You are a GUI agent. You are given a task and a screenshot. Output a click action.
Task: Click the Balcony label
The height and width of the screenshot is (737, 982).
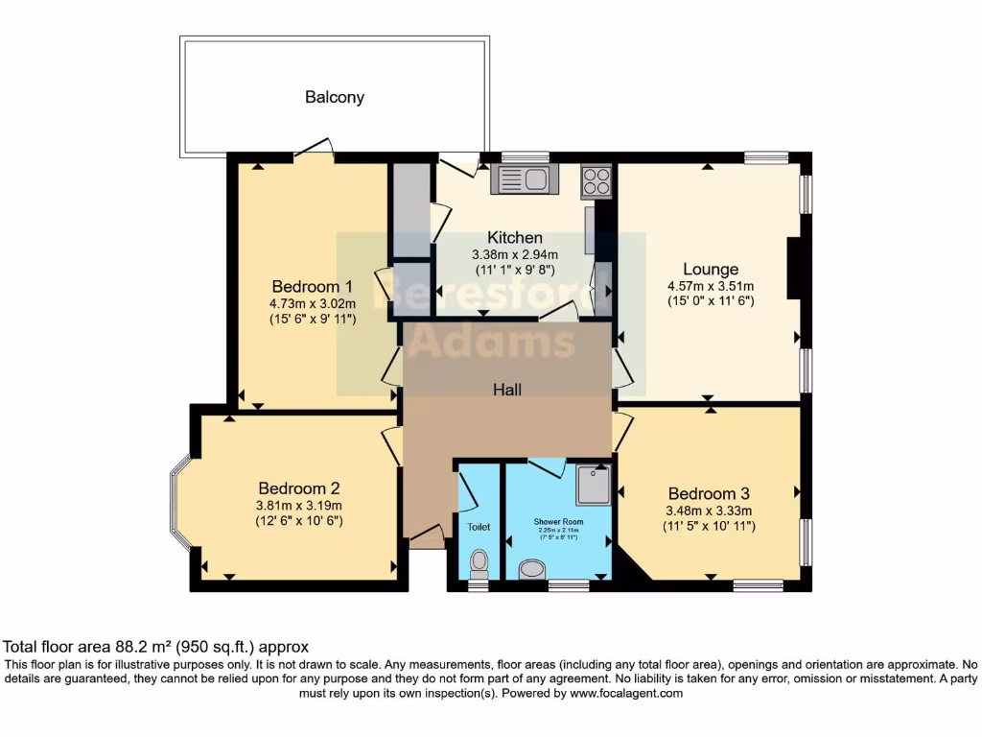(335, 97)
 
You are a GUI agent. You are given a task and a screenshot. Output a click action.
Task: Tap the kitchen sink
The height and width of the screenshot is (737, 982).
(521, 178)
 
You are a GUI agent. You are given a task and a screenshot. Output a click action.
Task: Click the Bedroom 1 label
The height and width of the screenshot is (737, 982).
(313, 286)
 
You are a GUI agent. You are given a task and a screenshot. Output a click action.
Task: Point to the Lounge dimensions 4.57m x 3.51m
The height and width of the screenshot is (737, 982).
(711, 286)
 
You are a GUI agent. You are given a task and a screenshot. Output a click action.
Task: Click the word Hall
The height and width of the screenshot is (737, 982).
(507, 389)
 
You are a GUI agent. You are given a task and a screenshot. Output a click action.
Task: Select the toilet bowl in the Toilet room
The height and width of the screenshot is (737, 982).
(479, 561)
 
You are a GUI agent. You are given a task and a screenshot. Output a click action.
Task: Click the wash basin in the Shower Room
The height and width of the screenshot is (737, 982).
(530, 570)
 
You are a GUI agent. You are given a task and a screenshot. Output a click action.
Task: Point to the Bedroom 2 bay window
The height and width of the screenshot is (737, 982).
(180, 506)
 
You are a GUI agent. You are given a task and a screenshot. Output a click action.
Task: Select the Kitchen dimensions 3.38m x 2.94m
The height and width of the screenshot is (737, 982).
(514, 255)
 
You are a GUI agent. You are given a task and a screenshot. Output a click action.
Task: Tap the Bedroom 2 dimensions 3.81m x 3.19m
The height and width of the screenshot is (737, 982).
(299, 506)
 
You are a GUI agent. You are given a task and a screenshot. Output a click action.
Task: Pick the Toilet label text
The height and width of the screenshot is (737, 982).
(479, 527)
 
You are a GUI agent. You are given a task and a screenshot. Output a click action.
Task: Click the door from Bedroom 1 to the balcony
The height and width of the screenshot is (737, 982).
(314, 149)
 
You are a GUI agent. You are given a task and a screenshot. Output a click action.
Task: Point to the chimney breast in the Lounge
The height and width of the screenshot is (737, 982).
(794, 270)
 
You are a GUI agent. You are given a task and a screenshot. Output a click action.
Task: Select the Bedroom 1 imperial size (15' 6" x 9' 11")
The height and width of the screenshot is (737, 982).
(313, 318)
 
